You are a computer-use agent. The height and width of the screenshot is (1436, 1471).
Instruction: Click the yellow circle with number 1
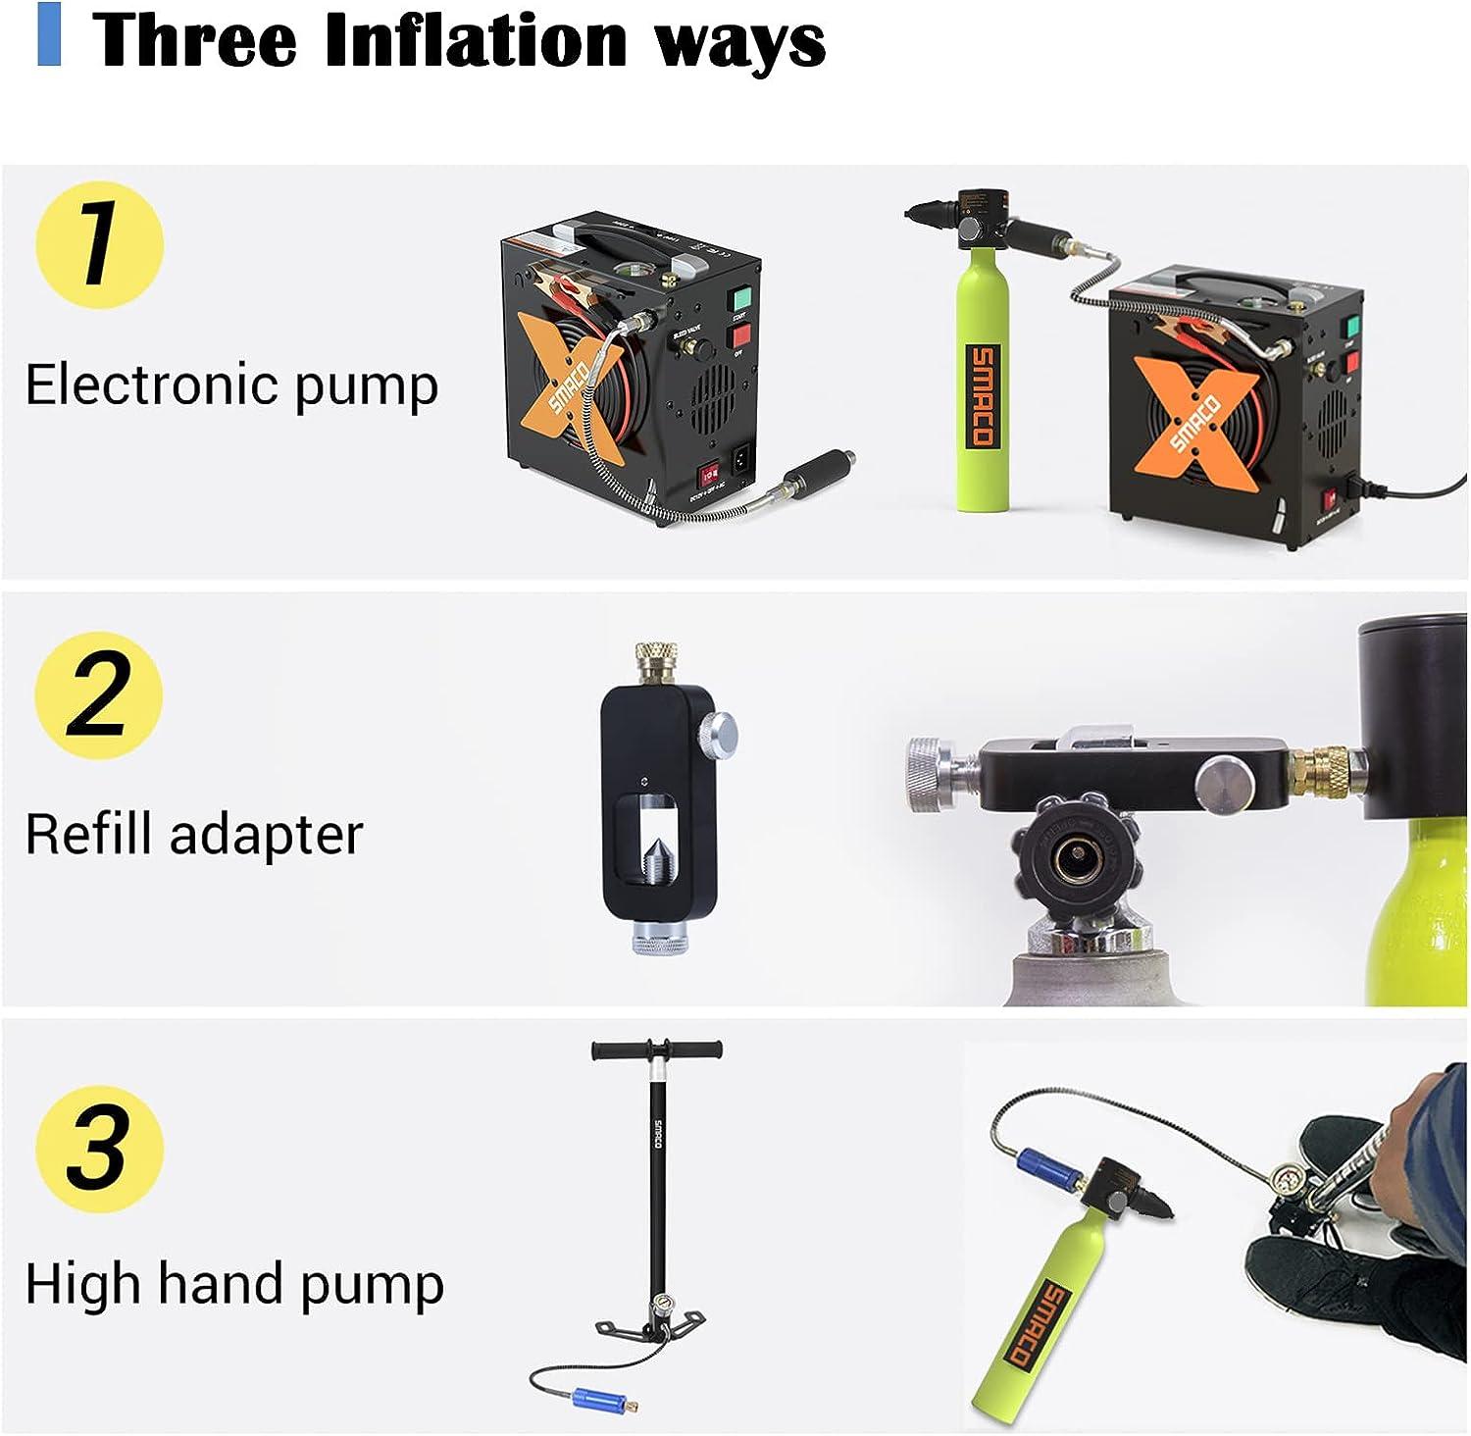click(99, 245)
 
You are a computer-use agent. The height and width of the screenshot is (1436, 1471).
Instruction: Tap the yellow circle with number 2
click(99, 694)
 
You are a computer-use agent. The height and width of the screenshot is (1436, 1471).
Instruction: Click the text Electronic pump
click(230, 385)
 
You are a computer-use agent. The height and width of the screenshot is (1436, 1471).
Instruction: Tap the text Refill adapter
click(193, 835)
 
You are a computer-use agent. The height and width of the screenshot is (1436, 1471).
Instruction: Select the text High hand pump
click(233, 1284)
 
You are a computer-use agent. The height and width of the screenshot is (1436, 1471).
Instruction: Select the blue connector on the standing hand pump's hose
click(595, 1396)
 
